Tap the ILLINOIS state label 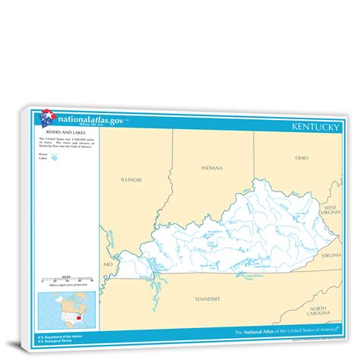(131, 179)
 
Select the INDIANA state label (212, 167)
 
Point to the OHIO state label (302, 158)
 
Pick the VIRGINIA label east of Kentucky (330, 256)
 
